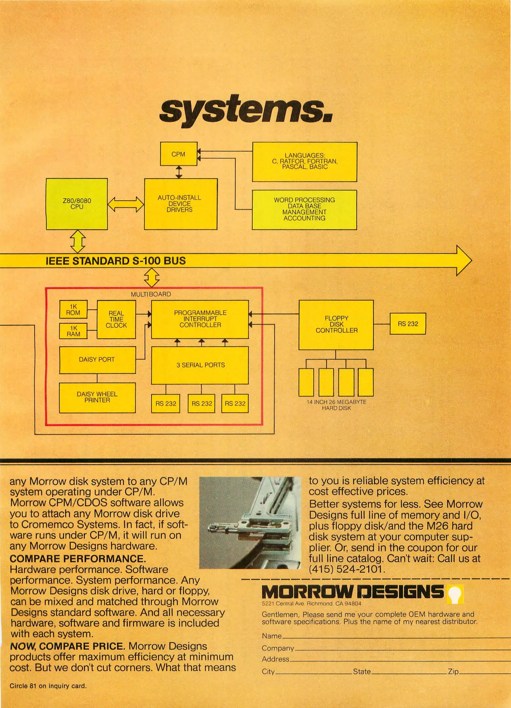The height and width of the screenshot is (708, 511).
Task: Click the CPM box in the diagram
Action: (178, 154)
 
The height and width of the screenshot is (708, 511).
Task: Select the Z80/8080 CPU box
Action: (77, 204)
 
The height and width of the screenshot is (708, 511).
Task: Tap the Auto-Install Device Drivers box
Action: (181, 204)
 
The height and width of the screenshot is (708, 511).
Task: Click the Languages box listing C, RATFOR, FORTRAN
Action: (305, 162)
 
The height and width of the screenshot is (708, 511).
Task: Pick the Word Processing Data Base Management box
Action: (304, 209)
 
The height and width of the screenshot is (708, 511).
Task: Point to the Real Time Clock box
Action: (116, 319)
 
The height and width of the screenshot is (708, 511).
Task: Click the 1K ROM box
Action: (73, 309)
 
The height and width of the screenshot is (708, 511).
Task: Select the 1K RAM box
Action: (73, 331)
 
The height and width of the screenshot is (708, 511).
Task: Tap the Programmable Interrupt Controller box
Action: (200, 319)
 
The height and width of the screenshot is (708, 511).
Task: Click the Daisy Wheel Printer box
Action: (97, 397)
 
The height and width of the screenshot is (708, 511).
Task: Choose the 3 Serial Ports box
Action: (200, 365)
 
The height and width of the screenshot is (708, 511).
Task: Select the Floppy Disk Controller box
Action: (336, 324)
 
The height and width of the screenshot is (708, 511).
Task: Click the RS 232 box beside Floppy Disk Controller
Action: (408, 324)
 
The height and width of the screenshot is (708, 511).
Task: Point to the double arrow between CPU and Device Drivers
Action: (126, 204)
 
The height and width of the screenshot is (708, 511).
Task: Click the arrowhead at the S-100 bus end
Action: (464, 261)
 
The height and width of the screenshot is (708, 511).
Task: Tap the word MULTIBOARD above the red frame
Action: (151, 294)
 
